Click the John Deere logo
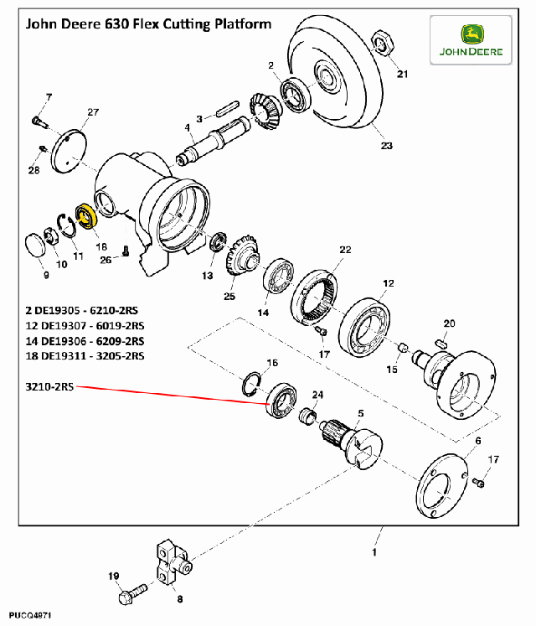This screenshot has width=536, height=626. click(471, 40)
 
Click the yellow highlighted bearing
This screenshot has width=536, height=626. click(87, 217)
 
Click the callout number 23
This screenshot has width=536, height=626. click(386, 146)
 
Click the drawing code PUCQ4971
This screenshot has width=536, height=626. click(30, 616)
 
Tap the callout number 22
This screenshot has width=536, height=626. click(345, 250)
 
